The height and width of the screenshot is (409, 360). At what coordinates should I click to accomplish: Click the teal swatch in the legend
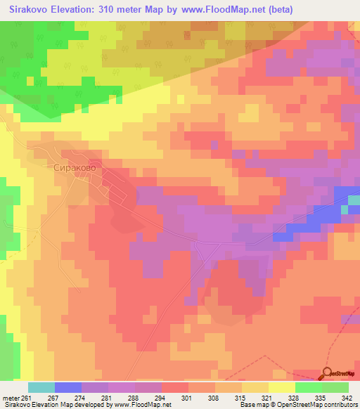(x=41, y=387)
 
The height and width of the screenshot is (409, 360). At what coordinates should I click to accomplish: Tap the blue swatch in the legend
(x=68, y=387)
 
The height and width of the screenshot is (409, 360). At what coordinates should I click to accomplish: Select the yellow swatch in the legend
(x=281, y=387)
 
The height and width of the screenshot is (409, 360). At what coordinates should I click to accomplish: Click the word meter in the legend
(x=11, y=397)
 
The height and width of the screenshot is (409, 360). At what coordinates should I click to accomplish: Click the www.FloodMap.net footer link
(x=138, y=405)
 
